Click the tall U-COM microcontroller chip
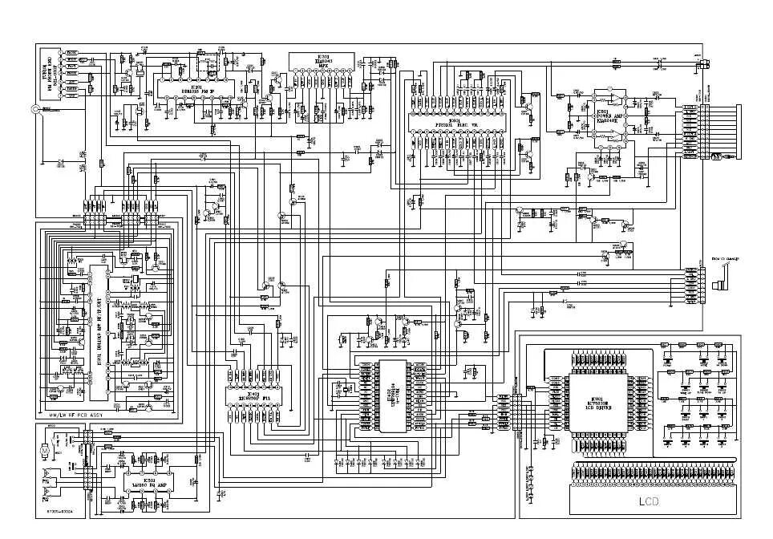point(393,394)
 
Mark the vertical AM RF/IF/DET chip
point(99,329)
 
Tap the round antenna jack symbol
point(36,110)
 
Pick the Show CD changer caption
point(726,258)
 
